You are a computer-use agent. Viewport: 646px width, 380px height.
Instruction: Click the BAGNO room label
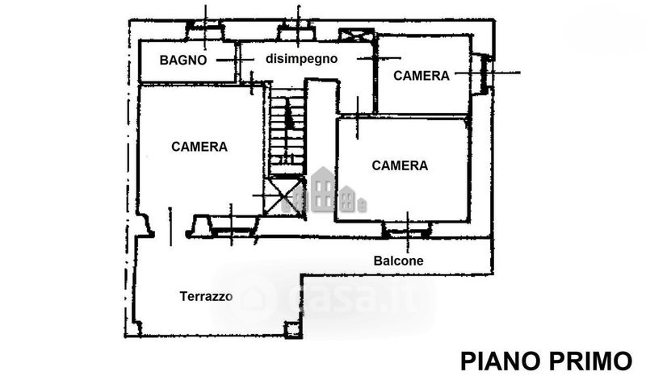point(183,60)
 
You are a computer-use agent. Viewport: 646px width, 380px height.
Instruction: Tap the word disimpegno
point(290,59)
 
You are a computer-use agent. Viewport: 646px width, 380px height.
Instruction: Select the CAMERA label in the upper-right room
point(421,76)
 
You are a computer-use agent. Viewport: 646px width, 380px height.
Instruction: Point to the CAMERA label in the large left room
point(199,147)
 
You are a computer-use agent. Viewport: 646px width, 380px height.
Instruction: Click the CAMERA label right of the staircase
point(400,165)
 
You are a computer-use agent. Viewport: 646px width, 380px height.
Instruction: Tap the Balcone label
point(398,261)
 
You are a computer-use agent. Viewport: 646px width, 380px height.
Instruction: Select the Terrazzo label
point(206,296)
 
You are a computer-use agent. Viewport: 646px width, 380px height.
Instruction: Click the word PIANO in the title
point(499,359)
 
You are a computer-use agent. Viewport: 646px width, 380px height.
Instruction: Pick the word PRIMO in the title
point(591,359)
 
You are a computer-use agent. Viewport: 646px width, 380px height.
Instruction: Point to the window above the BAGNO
point(206,32)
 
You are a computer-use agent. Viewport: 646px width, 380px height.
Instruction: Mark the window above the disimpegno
point(296,33)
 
